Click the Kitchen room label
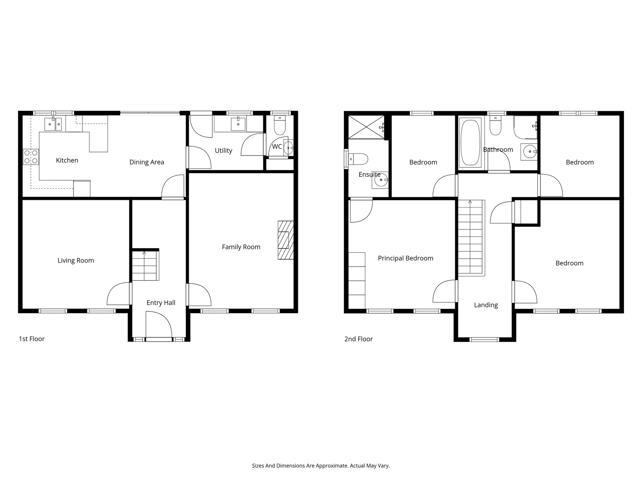point(67,160)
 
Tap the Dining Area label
point(147,162)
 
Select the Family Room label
point(241,247)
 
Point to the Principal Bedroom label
point(405,258)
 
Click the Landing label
point(486,305)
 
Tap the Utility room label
point(223,151)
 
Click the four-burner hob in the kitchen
point(31,157)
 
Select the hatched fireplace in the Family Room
point(286,240)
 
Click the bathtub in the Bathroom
point(470,142)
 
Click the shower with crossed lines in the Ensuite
point(366,127)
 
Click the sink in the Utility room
point(238,124)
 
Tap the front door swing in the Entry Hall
point(159,324)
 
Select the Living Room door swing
point(118,293)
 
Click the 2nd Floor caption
point(359,339)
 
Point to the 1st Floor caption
point(32,339)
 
